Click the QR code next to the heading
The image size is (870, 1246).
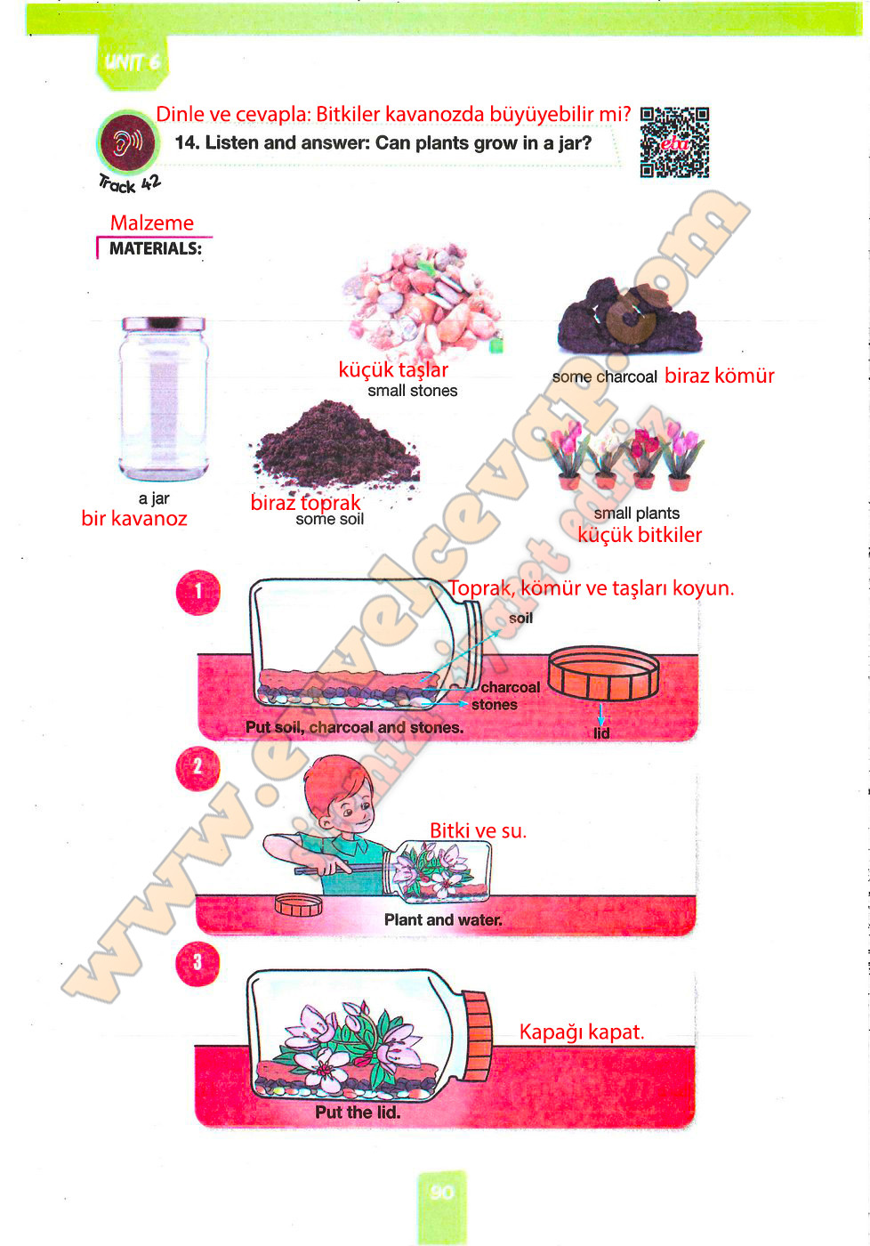coord(674,142)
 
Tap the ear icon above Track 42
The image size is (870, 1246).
coord(128,142)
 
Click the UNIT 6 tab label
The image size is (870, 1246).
coord(133,61)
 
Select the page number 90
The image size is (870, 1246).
coord(442,1192)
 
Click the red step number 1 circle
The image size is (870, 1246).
coord(197,593)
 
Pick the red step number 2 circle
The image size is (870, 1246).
coord(197,768)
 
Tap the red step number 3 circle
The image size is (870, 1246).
coord(197,963)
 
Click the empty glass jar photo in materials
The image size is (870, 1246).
coord(164,399)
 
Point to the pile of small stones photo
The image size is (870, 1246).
coord(423,301)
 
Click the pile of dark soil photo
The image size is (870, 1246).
coord(336,446)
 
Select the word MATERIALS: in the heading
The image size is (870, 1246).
coord(156,248)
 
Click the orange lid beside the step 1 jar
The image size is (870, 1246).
coord(604,673)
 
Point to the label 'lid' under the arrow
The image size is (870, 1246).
coord(601,733)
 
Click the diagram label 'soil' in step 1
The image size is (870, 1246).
coord(521,618)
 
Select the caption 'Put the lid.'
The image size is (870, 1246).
coord(358,1112)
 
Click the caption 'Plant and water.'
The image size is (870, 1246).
coord(443,919)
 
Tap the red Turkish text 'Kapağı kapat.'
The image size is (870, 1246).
coord(582,1032)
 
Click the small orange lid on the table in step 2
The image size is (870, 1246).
coord(299,904)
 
